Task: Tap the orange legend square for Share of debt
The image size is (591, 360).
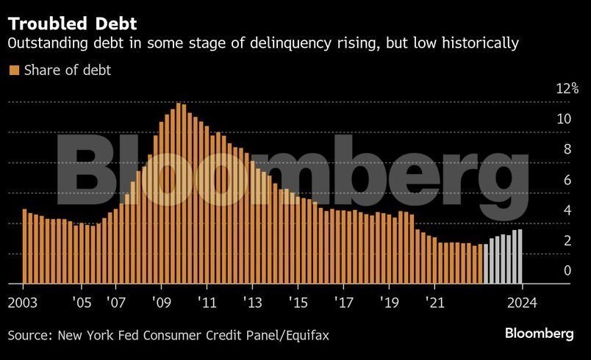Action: [13, 71]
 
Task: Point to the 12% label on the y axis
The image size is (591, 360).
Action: [567, 89]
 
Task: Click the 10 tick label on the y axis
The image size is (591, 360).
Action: [563, 119]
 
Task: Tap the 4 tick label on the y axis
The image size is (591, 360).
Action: [567, 211]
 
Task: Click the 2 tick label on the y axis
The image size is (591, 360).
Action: [567, 241]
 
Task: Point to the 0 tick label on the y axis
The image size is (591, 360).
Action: [567, 271]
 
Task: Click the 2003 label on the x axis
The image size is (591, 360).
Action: [24, 302]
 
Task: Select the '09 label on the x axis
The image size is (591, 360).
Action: [162, 302]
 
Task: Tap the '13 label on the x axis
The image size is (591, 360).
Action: [252, 302]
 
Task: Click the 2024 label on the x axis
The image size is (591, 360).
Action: [521, 302]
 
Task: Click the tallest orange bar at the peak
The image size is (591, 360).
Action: [178, 193]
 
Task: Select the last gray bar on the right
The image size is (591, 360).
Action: [520, 256]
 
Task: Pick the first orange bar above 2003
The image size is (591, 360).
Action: [24, 246]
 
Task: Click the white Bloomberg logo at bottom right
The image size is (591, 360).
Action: [539, 334]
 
